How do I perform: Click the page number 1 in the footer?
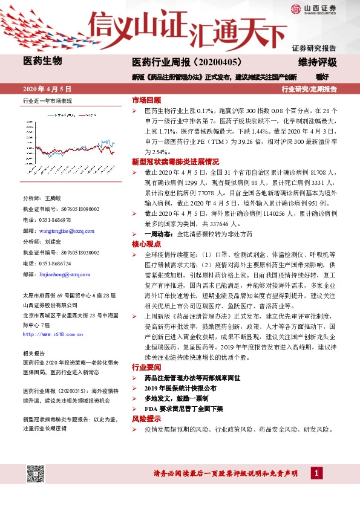pos(316,473)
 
